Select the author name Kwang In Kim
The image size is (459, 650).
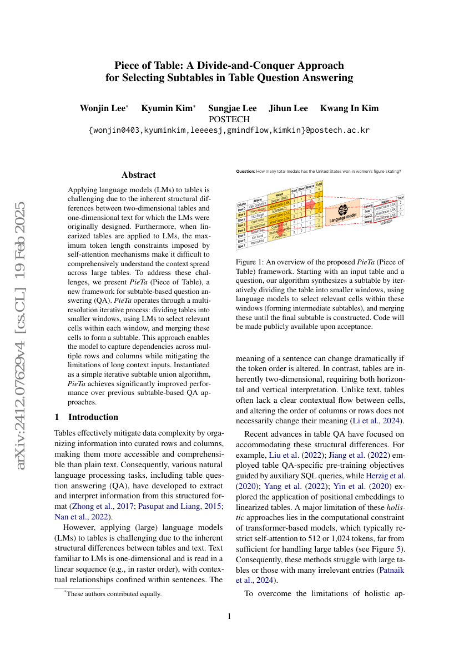pyautogui.click(x=349, y=108)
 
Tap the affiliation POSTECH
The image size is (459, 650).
pyautogui.click(x=229, y=119)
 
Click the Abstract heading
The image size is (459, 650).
pyautogui.click(x=138, y=174)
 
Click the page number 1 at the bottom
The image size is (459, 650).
pyautogui.click(x=229, y=616)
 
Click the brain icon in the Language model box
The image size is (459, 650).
pyautogui.click(x=343, y=210)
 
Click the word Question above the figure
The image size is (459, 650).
pyautogui.click(x=245, y=171)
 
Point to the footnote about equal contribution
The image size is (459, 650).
pyautogui.click(x=113, y=594)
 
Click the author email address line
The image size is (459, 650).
pyautogui.click(x=229, y=131)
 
